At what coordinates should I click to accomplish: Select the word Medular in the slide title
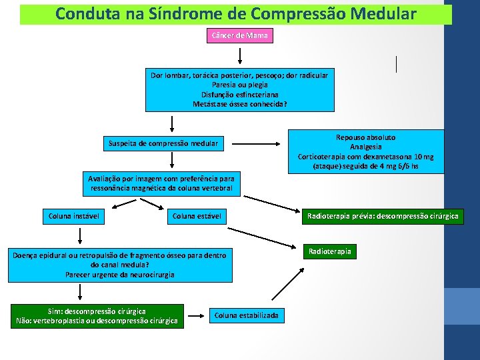381,13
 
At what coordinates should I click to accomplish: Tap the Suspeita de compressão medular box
163,143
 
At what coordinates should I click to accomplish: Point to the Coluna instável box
74,216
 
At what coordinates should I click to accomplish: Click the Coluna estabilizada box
246,315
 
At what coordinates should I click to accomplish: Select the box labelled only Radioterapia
329,251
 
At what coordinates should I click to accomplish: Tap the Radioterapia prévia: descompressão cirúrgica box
383,216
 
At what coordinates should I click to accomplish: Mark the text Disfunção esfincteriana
239,94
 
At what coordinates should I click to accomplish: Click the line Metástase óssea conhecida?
239,103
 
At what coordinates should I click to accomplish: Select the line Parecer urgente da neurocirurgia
120,274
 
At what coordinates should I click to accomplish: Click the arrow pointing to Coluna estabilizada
196,315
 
